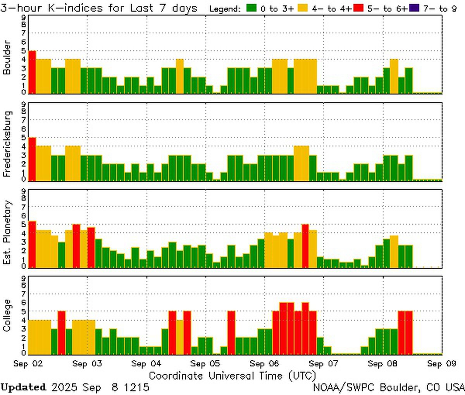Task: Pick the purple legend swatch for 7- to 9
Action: click(414, 8)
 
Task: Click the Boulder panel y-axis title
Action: click(7, 58)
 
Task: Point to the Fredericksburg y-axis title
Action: click(7, 144)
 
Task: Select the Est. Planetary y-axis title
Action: click(7, 232)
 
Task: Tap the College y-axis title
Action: click(7, 315)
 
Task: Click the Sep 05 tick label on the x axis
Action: click(205, 364)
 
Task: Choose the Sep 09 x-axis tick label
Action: click(441, 364)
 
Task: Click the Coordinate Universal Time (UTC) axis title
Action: click(232, 375)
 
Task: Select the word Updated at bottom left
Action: click(23, 387)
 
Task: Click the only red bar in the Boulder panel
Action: click(32, 72)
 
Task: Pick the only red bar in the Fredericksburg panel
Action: click(32, 159)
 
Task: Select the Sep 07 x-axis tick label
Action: click(324, 364)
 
